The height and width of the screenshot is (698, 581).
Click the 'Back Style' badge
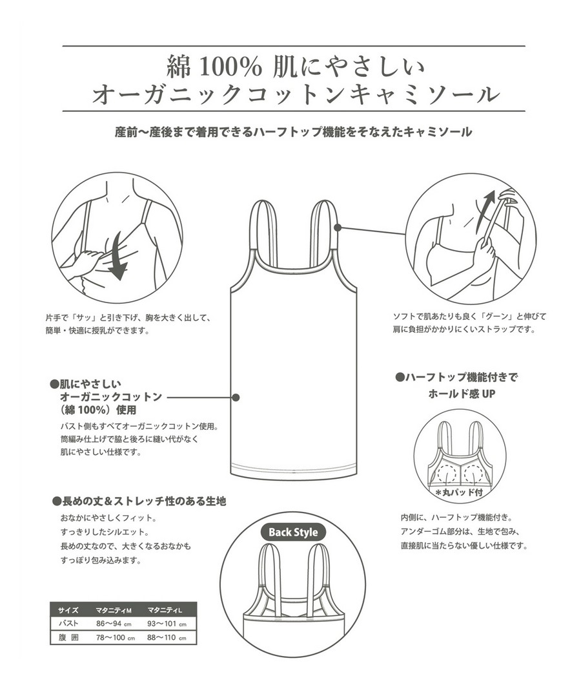pyautogui.click(x=293, y=532)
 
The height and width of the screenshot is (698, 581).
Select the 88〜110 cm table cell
pyautogui.click(x=167, y=637)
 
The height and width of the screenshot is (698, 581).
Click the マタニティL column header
pyautogui.click(x=165, y=610)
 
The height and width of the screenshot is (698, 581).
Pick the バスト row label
pyautogui.click(x=68, y=623)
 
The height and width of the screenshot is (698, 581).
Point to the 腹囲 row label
pyautogui.click(x=68, y=637)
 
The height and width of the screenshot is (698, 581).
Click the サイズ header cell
pyautogui.click(x=68, y=610)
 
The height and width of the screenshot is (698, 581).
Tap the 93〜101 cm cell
pyautogui.click(x=167, y=623)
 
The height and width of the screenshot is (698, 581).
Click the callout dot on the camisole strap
pyautogui.click(x=338, y=227)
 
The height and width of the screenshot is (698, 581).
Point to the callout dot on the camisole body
pyautogui.click(x=236, y=397)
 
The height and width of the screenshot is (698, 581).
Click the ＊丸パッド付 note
pyautogui.click(x=459, y=492)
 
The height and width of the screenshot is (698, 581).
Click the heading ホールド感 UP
pyautogui.click(x=462, y=394)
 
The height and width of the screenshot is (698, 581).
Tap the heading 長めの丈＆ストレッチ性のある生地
pyautogui.click(x=139, y=502)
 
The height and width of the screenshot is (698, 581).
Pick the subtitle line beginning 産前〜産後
pyautogui.click(x=293, y=132)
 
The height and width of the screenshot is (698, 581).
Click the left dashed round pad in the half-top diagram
pyautogui.click(x=447, y=473)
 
